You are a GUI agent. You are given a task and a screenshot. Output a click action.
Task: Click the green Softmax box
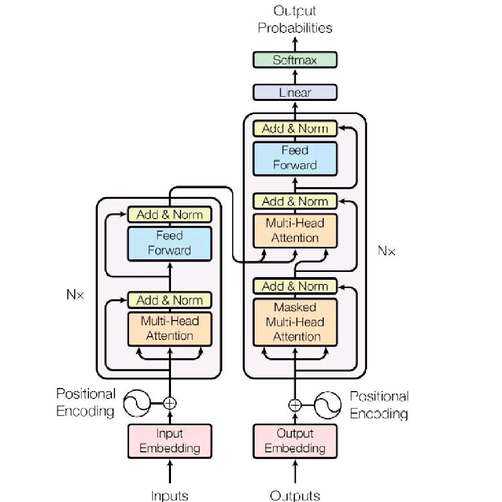[295, 60]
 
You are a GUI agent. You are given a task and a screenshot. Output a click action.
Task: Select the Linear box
[295, 93]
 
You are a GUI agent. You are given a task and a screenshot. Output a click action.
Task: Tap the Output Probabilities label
[295, 19]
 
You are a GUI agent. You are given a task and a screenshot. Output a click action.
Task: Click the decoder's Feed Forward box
[295, 157]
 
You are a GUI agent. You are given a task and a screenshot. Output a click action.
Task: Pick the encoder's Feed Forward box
[169, 243]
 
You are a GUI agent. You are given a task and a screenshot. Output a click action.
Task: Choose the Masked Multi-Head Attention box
[295, 322]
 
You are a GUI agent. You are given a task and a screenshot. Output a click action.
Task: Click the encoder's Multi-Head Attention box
[169, 328]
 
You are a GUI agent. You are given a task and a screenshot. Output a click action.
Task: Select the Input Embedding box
[169, 441]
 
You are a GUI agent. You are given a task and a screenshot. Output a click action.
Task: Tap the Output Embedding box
[295, 441]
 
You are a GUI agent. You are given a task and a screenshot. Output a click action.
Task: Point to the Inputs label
[169, 495]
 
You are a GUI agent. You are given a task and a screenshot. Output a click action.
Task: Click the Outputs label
[295, 495]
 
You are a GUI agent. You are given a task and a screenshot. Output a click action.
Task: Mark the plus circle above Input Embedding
[169, 403]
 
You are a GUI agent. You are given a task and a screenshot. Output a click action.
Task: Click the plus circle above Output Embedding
[295, 404]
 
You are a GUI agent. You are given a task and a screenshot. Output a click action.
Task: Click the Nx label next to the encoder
[75, 294]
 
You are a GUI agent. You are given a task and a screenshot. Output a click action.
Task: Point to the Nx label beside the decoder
[386, 251]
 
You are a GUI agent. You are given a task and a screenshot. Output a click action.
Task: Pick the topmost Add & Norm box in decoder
[295, 128]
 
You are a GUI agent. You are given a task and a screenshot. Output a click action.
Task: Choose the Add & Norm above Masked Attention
[295, 286]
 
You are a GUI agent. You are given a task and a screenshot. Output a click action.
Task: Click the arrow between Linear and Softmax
[295, 76]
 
